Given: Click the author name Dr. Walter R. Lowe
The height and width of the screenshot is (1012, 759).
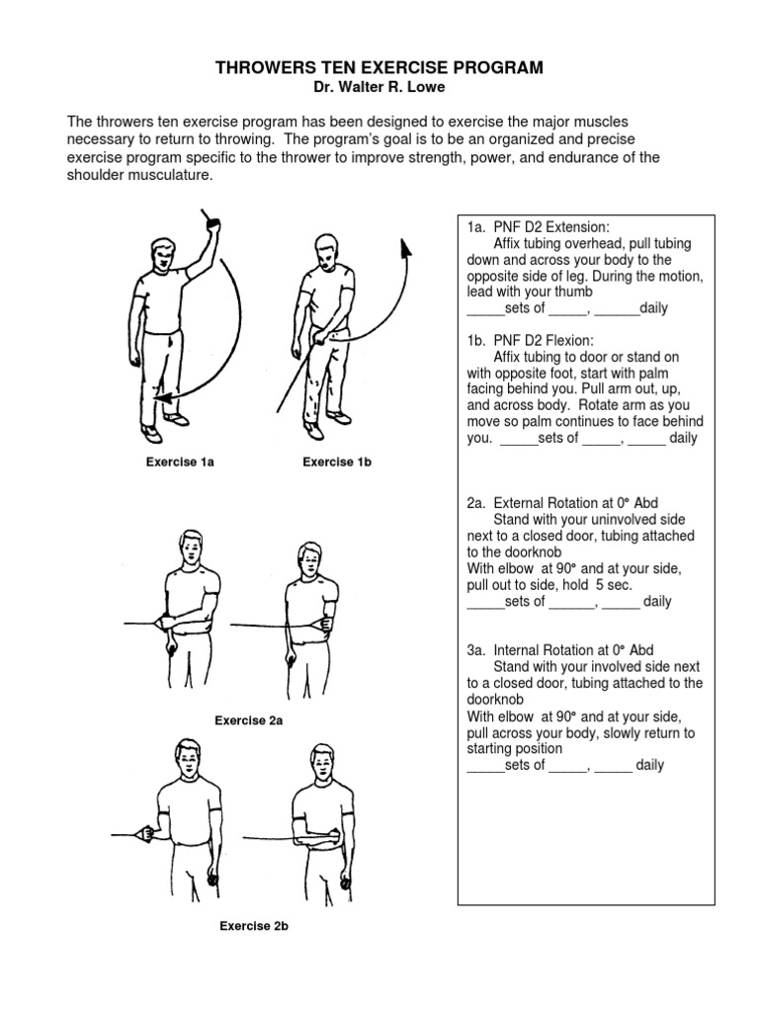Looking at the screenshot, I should click(x=380, y=88).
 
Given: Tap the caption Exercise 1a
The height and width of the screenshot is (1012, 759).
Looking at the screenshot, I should click(x=180, y=463).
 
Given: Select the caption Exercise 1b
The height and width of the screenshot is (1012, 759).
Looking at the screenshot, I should click(x=337, y=463).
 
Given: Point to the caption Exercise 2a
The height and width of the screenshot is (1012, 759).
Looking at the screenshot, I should click(x=249, y=720).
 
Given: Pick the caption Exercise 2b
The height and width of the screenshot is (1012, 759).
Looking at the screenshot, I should click(x=254, y=926).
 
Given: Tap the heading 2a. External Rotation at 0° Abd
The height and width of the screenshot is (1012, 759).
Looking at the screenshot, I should click(x=562, y=503).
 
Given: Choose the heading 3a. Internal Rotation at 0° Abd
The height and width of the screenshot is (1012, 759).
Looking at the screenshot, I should click(x=561, y=650).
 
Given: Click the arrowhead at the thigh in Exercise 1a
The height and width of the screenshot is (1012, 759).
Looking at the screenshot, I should click(x=162, y=397).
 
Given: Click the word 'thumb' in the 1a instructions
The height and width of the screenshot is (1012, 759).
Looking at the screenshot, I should click(x=573, y=293).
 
